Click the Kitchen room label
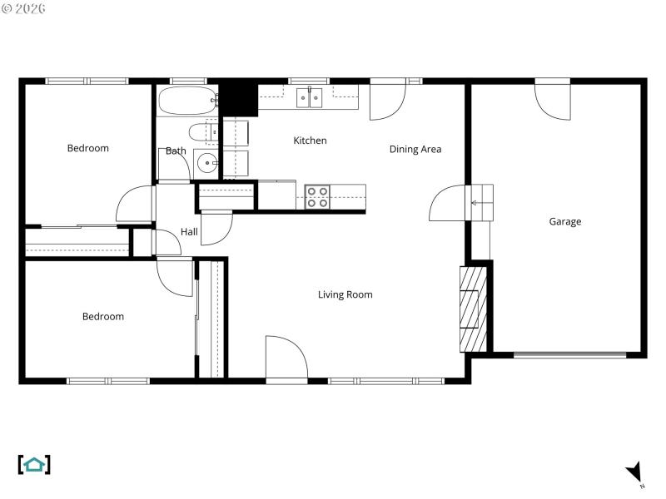pyautogui.click(x=310, y=141)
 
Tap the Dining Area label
pyautogui.click(x=415, y=150)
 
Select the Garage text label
pyautogui.click(x=564, y=221)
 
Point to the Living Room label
pyautogui.click(x=345, y=294)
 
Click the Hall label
pyautogui.click(x=189, y=232)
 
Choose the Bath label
pyautogui.click(x=176, y=151)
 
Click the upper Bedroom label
pyautogui.click(x=87, y=148)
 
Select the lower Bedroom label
pyautogui.click(x=102, y=316)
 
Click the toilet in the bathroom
pyautogui.click(x=202, y=132)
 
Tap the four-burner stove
pyautogui.click(x=316, y=196)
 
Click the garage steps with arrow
pyautogui.click(x=482, y=202)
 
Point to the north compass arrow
pyautogui.click(x=634, y=472)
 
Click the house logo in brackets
pyautogui.click(x=34, y=464)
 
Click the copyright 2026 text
pyautogui.click(x=24, y=8)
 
